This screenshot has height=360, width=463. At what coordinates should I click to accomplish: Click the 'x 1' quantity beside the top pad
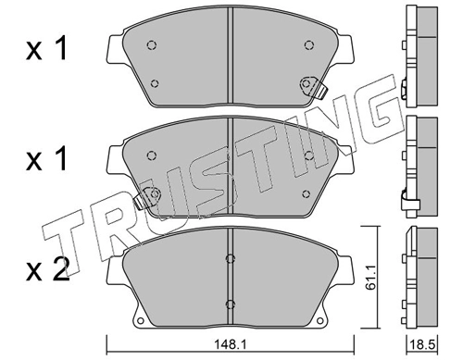coord(46,51)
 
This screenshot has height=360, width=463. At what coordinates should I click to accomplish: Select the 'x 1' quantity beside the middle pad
coord(46,162)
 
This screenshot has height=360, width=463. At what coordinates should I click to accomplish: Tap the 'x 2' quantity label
coord(46,271)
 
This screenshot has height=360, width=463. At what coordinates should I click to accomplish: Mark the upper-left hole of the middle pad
coord(154,154)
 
